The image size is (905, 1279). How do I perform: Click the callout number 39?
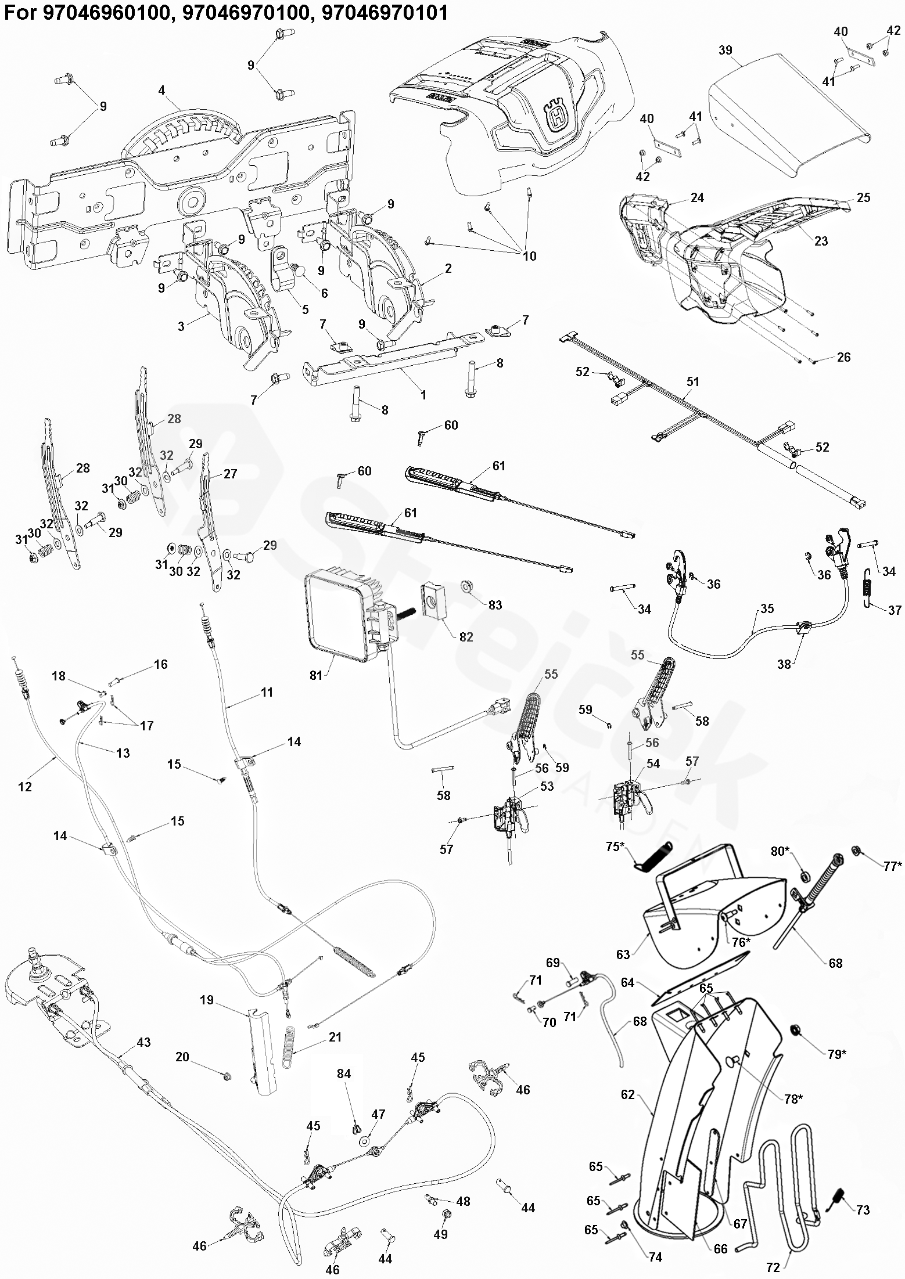click(x=726, y=51)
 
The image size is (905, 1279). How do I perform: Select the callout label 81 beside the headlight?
click(x=316, y=675)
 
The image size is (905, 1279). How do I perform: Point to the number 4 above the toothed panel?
click(x=161, y=91)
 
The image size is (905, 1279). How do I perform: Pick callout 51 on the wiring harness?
click(x=693, y=381)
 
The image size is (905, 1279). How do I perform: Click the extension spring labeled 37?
click(x=867, y=587)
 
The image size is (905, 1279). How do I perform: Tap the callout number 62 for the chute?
click(x=628, y=1094)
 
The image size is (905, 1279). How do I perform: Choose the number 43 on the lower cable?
click(x=143, y=1042)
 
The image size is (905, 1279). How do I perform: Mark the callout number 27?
click(x=231, y=474)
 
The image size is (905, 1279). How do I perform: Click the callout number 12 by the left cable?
click(x=25, y=787)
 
